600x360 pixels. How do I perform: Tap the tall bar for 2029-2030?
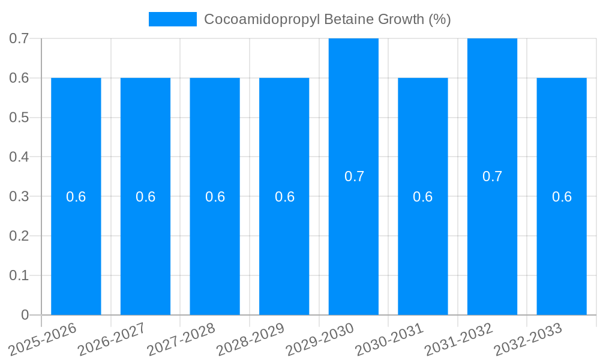[x=353, y=240]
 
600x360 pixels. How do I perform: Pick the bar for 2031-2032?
[x=492, y=240]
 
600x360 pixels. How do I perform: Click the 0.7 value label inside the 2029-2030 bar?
[x=354, y=176]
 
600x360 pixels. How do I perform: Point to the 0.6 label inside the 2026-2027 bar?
[x=145, y=197]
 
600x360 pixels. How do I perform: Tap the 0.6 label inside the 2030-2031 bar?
[x=423, y=197]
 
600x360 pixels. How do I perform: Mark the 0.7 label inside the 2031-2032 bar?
[x=493, y=176]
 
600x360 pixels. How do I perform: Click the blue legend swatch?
[x=173, y=19]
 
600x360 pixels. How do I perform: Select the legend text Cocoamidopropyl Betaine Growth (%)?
[x=327, y=19]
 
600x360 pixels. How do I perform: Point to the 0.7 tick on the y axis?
[x=19, y=38]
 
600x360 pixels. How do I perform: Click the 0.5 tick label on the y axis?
[x=19, y=118]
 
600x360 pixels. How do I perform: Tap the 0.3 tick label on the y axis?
[x=19, y=196]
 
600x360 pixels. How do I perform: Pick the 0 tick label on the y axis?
[x=25, y=315]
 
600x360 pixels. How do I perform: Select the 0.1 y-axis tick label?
[x=19, y=275]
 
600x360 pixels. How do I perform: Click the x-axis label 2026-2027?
[x=112, y=339]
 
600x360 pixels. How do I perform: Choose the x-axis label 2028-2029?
[x=250, y=339]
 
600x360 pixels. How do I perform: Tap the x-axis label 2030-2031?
[x=389, y=339]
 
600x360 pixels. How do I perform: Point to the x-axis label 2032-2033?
[x=527, y=339]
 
